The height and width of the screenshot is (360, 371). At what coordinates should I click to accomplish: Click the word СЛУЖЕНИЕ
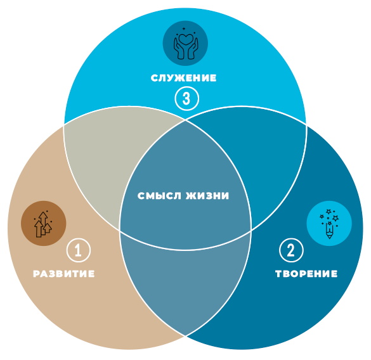coord(184,78)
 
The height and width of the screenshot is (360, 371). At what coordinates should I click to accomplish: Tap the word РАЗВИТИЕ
coord(64,274)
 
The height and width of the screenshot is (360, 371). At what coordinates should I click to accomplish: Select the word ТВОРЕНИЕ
coord(306,274)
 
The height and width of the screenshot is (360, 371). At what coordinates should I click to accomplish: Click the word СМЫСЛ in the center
coord(159,196)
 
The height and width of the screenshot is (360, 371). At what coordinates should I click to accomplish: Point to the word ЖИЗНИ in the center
coord(207,196)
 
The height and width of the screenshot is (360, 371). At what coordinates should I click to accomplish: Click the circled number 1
coord(79,250)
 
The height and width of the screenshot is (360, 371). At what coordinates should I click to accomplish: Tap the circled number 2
coord(291,250)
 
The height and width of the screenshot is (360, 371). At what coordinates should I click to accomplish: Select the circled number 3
coord(186,98)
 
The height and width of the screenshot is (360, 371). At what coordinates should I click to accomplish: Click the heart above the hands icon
coord(186,39)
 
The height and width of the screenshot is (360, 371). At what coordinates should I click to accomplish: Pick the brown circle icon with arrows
coord(44,223)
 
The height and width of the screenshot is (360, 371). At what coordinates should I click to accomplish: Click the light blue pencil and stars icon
coord(329,223)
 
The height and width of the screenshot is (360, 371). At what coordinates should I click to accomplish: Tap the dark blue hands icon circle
coord(185,43)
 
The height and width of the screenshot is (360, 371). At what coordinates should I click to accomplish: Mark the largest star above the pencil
coord(335,218)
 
